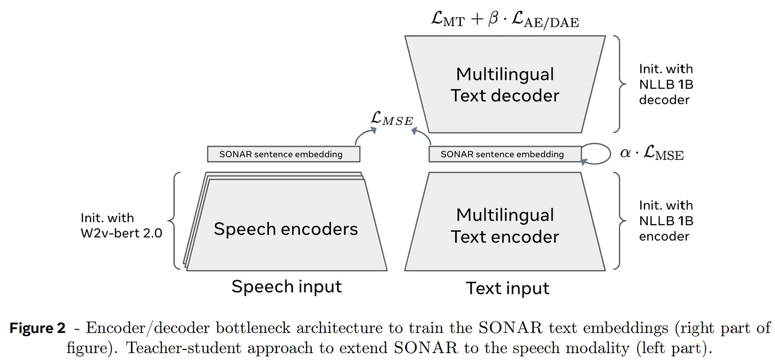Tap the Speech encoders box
(x=286, y=229)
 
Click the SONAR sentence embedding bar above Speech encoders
(x=283, y=154)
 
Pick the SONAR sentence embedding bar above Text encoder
(x=505, y=154)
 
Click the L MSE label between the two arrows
(x=393, y=119)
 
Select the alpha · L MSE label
(x=652, y=154)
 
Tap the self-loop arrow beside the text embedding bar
(x=596, y=153)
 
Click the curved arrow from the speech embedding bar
(x=365, y=136)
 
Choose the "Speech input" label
(x=286, y=287)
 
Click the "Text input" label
(x=508, y=288)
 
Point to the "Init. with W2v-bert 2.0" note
(x=121, y=225)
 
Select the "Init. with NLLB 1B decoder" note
(x=666, y=84)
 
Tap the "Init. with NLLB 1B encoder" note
(x=666, y=220)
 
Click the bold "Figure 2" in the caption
(x=37, y=328)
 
